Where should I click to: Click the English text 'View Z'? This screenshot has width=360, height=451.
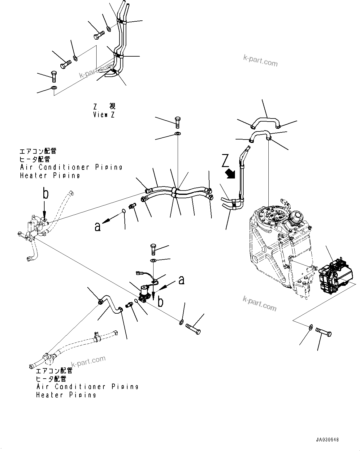pos(104,115)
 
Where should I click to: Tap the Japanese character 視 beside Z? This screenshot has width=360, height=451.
pos(112,106)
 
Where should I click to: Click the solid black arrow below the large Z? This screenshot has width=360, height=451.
pos(231,174)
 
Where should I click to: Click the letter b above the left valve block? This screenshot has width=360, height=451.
pos(45,194)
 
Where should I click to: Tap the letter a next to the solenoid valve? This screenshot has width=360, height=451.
pos(181,280)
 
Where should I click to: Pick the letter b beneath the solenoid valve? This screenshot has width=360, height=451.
pos(160,302)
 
